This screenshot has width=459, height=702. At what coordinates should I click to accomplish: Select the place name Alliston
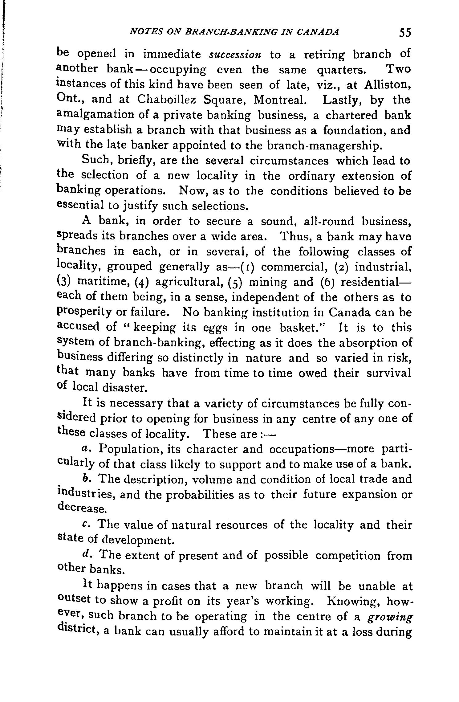coord(387,85)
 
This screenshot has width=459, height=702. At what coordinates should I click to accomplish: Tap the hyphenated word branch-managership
coord(324,145)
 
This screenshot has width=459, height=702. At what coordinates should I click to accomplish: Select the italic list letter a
coord(86,449)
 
